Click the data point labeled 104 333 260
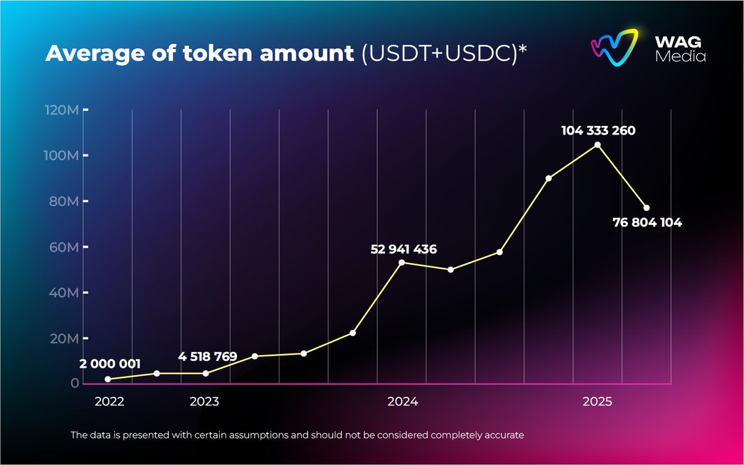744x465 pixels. pos(597,145)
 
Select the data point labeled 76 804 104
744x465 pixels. pos(646,208)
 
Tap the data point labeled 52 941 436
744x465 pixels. pos(402,262)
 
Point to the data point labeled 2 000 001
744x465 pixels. pos(108,379)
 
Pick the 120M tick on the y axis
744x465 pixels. pos(62,110)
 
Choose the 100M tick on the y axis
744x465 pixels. pos(62,156)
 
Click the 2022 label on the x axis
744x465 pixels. pos(109,402)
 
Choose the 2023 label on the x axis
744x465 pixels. pos(204,402)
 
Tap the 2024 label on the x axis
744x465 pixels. pos(403,402)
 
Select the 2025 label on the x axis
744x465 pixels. pos(597,402)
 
